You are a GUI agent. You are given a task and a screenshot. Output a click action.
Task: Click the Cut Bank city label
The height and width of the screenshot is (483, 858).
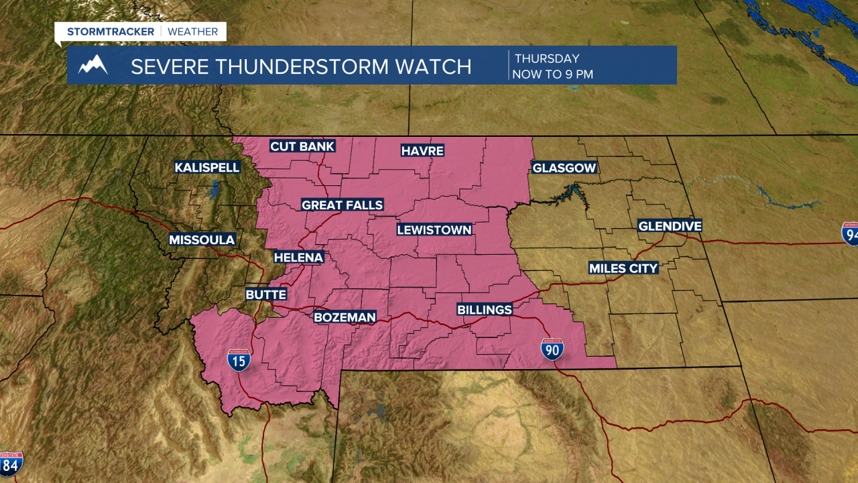click(302, 146)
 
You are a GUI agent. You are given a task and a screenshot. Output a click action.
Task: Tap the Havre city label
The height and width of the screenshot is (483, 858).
click(422, 150)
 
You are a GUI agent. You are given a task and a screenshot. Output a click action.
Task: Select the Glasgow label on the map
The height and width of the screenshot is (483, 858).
click(564, 168)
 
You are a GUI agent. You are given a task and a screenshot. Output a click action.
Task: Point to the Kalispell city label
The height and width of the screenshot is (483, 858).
click(207, 167)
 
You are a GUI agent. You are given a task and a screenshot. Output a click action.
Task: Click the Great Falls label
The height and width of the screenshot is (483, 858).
click(342, 205)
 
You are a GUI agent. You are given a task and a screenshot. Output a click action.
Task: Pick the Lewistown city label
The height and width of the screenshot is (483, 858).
click(434, 229)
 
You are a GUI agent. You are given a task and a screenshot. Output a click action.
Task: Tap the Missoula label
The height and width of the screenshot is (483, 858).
click(202, 239)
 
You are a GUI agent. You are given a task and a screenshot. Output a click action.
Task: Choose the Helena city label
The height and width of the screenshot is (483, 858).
click(298, 257)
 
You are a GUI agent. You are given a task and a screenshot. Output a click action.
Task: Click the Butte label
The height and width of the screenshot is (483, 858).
click(265, 294)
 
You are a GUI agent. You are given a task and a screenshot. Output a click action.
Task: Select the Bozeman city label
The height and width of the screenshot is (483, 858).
click(345, 317)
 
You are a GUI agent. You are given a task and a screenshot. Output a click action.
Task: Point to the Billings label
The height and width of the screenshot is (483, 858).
click(484, 309)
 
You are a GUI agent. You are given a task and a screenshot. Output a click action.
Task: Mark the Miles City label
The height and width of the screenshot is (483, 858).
click(623, 268)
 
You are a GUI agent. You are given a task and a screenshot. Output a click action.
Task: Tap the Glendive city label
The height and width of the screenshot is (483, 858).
click(670, 226)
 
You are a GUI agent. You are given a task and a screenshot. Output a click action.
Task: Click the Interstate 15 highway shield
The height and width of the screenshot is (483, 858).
click(239, 360)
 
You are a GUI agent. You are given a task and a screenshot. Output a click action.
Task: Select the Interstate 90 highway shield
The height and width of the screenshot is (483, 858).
click(552, 349)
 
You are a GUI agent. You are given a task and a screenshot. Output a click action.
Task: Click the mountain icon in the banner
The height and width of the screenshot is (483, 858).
click(93, 65)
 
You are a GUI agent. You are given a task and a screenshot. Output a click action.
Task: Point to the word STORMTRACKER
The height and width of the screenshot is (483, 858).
click(111, 32)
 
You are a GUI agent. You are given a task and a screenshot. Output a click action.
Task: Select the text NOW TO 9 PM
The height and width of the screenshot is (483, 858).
click(552, 74)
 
